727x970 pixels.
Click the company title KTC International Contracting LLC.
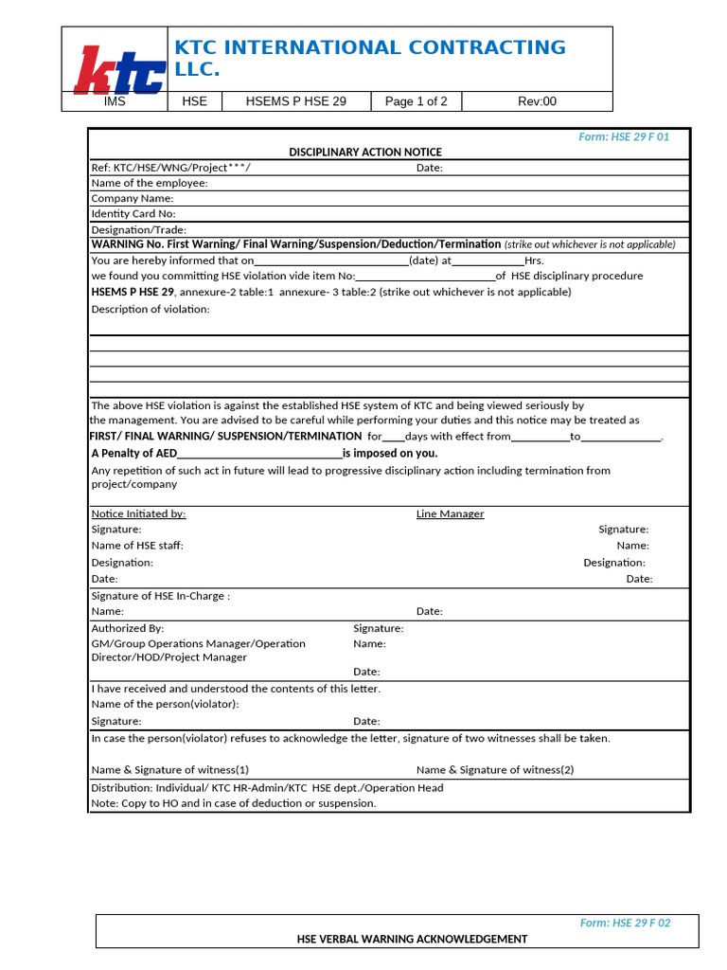tap(369, 58)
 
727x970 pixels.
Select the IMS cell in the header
tap(115, 101)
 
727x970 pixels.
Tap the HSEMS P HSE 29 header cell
tap(295, 101)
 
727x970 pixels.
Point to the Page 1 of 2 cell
tap(416, 101)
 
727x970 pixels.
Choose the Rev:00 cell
tap(537, 101)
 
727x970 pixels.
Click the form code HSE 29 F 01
tap(624, 137)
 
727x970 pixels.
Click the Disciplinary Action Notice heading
tap(364, 153)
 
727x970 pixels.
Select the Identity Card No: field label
tap(133, 214)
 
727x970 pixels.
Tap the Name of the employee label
tap(150, 183)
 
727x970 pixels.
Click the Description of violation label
tap(151, 309)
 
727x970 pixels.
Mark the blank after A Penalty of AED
tap(259, 454)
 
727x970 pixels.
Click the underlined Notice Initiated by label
tap(138, 513)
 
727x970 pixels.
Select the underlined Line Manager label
tap(450, 513)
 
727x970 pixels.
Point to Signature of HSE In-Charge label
tap(160, 596)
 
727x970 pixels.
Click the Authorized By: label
tap(128, 628)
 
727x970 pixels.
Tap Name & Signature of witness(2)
tap(495, 770)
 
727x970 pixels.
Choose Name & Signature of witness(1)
tap(170, 770)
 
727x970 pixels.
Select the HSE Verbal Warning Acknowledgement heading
tap(412, 939)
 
